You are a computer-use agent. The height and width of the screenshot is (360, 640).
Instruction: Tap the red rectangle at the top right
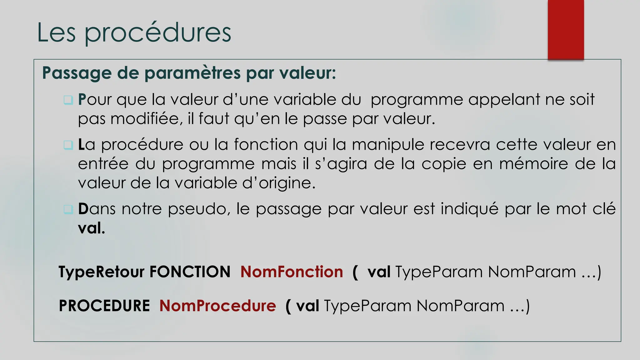coord(566,29)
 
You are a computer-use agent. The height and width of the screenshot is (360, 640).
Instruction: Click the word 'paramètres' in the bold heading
coord(192,73)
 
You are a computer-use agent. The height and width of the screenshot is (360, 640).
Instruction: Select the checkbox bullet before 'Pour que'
coord(68,100)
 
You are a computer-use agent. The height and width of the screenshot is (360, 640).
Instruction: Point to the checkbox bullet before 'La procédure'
coord(68,145)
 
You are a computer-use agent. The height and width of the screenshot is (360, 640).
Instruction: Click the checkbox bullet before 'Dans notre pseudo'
coord(68,209)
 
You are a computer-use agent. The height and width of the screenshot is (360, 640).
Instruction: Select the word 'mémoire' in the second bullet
coord(534,164)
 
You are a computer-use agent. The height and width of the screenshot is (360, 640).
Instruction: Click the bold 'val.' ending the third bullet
coord(91,228)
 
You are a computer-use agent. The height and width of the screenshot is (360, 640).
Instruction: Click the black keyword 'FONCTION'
coord(190,272)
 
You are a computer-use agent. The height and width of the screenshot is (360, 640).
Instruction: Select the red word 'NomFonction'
coord(292,272)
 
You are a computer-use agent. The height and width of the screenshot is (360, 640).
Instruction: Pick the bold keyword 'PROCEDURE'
coord(104,306)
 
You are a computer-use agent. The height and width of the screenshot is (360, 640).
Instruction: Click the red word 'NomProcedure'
coord(217,306)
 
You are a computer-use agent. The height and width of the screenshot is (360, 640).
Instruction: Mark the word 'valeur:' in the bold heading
coord(307,73)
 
